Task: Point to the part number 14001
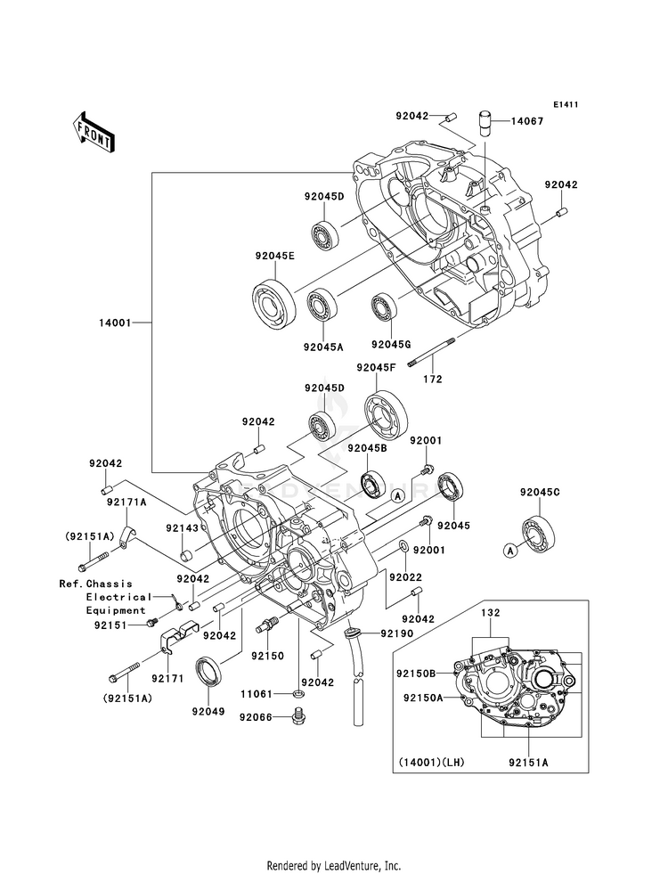pyautogui.click(x=115, y=323)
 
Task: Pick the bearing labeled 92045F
pyautogui.click(x=385, y=413)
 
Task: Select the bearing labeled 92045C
pyautogui.click(x=540, y=532)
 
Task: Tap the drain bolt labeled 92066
pyautogui.click(x=297, y=715)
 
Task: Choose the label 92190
pyautogui.click(x=398, y=633)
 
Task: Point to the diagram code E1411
pyautogui.click(x=566, y=104)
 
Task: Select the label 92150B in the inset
pyautogui.click(x=416, y=673)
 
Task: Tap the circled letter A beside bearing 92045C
pyautogui.click(x=509, y=551)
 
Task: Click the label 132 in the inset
pyautogui.click(x=491, y=613)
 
